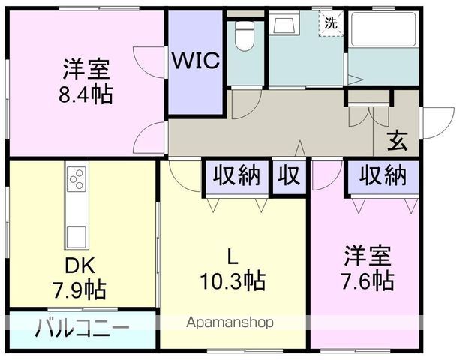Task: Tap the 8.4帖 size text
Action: point(86,96)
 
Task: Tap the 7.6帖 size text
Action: point(367,281)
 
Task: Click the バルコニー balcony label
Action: point(82,328)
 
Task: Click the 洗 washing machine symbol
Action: point(330,23)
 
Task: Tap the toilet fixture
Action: point(244,33)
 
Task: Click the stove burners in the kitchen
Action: point(77,179)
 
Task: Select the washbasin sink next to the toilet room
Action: point(284,27)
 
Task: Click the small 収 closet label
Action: point(290,176)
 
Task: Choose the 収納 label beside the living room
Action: point(236,176)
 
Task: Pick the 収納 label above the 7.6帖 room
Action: point(382,176)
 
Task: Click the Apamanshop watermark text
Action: point(229,322)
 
